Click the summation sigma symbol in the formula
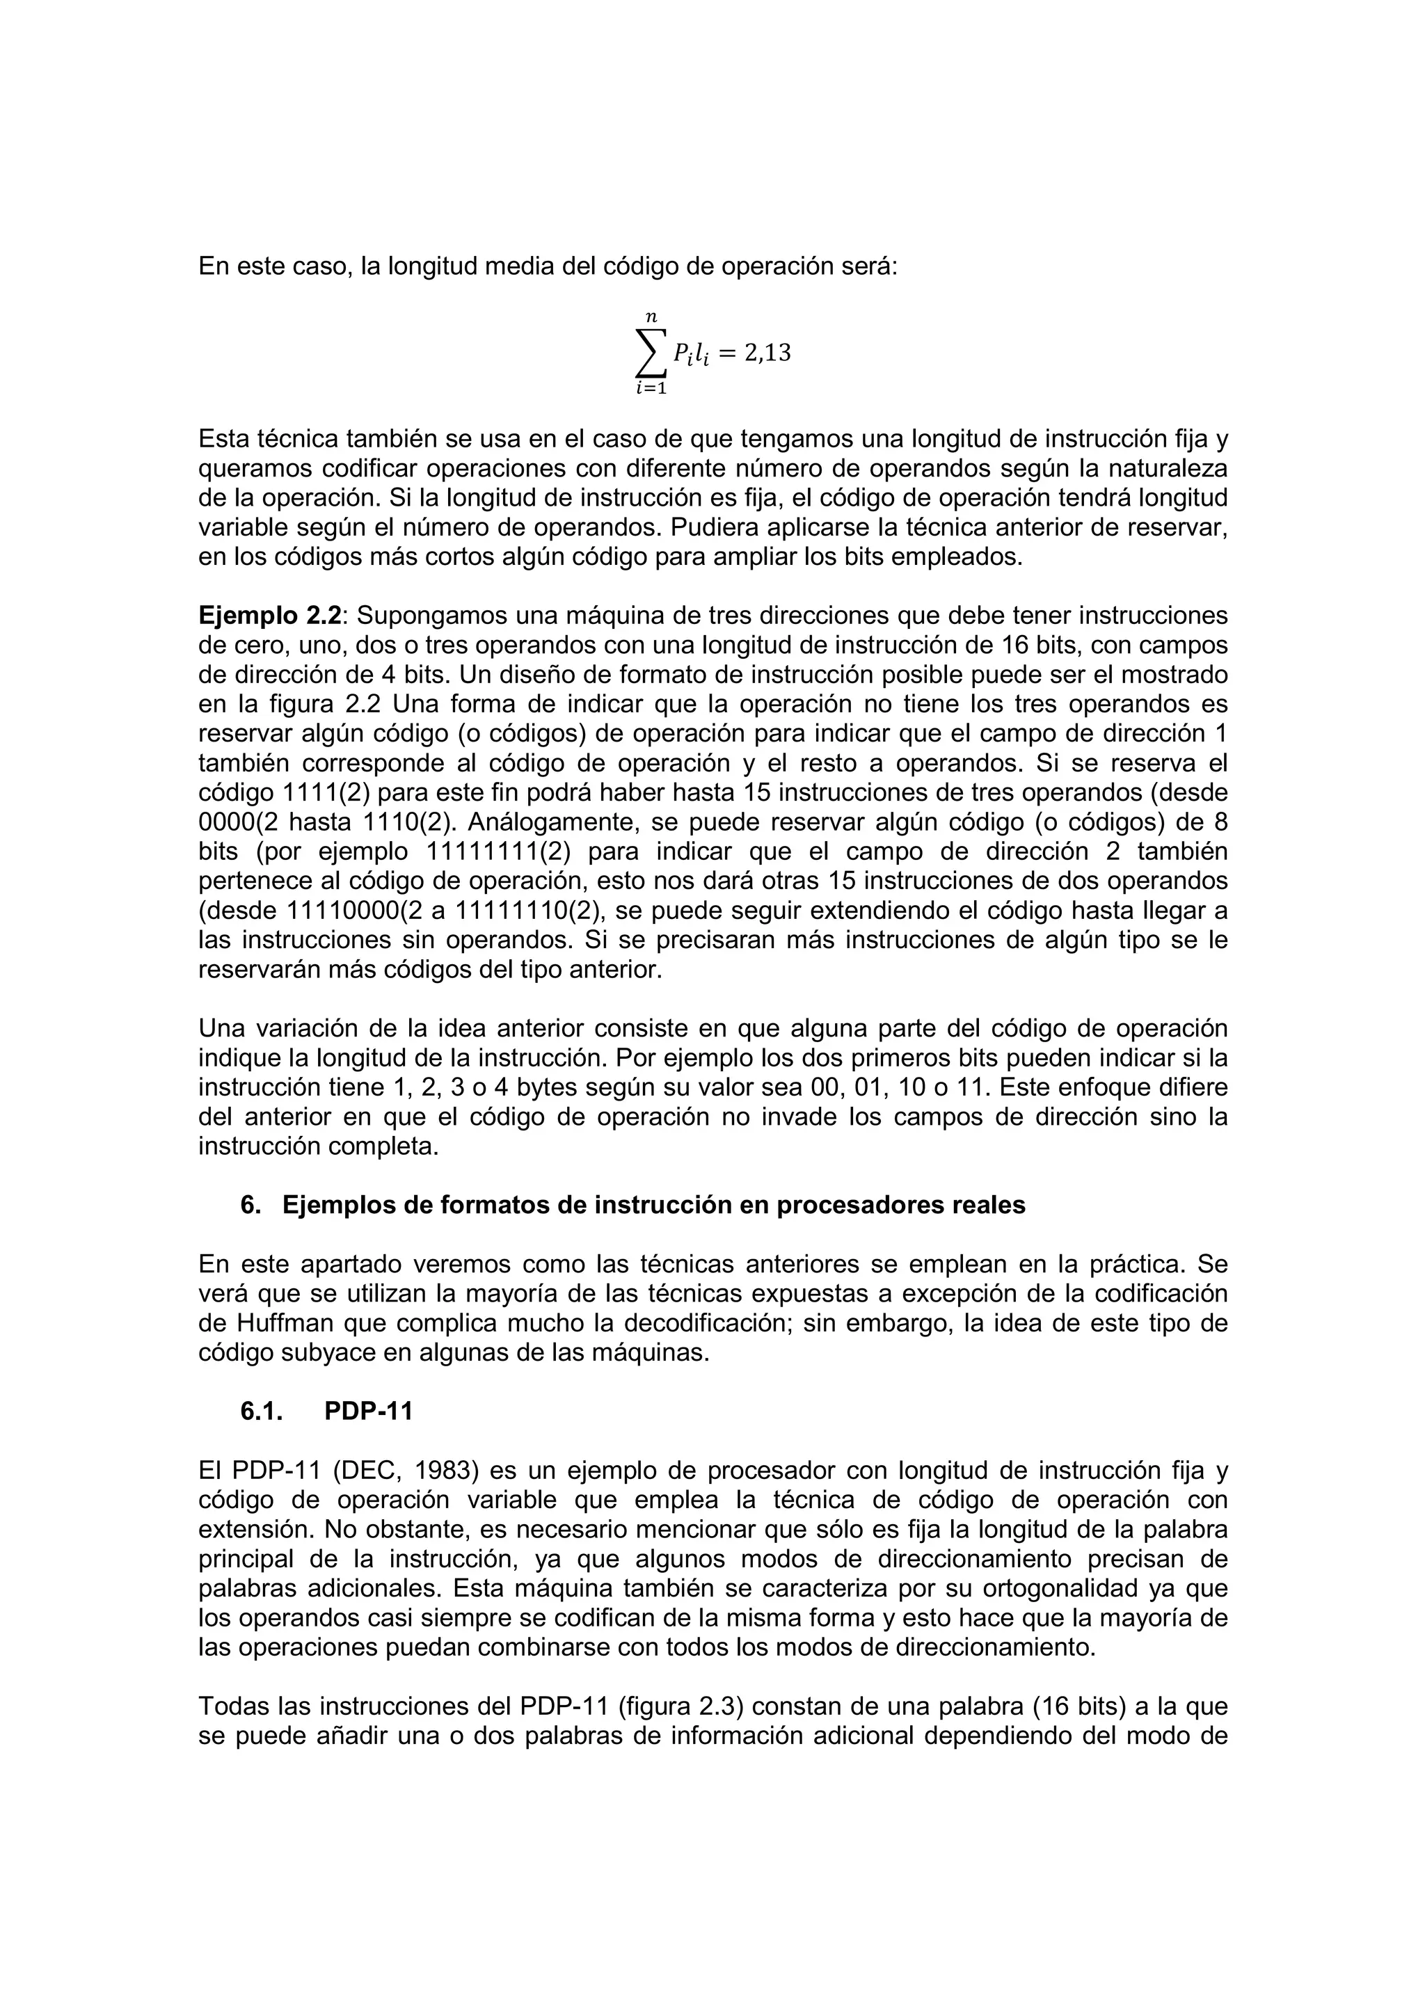point(651,352)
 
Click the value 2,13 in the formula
point(767,353)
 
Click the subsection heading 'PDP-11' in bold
point(368,1411)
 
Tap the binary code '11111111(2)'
point(499,851)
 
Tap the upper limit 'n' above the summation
point(651,316)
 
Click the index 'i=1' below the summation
point(651,389)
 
